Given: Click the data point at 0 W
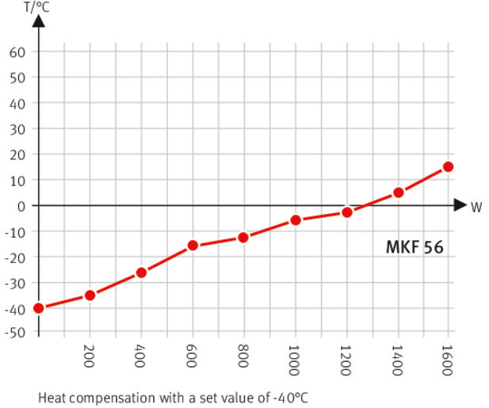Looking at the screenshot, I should [x=38, y=307].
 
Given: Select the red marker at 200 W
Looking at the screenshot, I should [x=90, y=295].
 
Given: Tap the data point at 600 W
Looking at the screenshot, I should [x=193, y=246].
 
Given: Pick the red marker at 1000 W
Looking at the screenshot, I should [x=296, y=219].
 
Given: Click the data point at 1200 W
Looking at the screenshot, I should [x=346, y=212].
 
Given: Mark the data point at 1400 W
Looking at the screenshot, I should [x=398, y=193].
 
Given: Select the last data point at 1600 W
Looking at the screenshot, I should [x=449, y=166].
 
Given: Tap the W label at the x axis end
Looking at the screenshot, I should [x=476, y=208].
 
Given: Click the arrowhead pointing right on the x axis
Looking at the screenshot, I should [x=460, y=205].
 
